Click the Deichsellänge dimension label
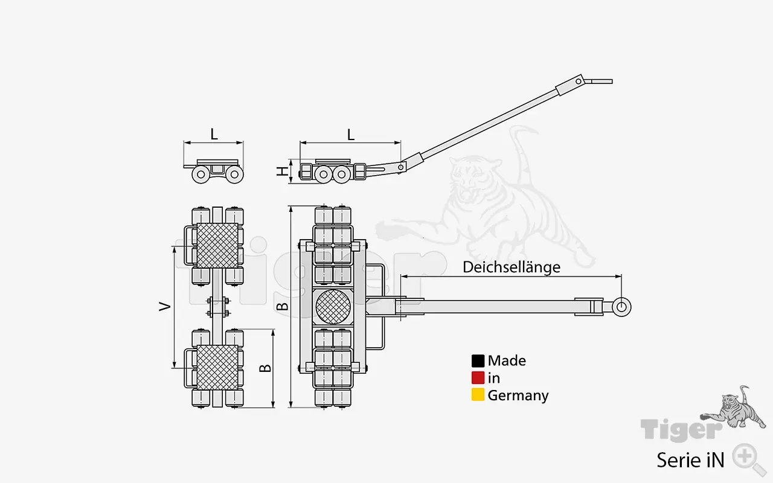click(512, 267)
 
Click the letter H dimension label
click(281, 171)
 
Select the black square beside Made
click(478, 361)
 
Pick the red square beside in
click(478, 378)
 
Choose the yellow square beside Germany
click(478, 395)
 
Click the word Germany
click(518, 395)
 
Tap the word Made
click(507, 361)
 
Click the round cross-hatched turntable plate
click(333, 307)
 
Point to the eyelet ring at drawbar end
click(621, 307)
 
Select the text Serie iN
click(690, 460)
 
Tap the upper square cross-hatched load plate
click(217, 245)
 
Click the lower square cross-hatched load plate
click(217, 367)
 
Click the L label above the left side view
click(214, 134)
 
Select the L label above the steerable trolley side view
click(351, 134)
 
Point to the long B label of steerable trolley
click(281, 307)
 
